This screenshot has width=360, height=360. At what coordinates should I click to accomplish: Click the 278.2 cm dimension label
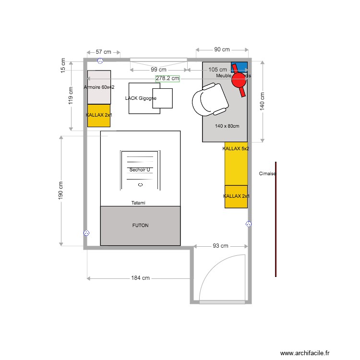coord(168,78)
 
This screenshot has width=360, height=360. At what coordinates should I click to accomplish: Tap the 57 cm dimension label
coord(103,51)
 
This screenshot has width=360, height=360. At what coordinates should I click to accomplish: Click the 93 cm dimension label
coord(220,246)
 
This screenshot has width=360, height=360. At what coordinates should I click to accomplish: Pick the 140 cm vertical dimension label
coord(262,101)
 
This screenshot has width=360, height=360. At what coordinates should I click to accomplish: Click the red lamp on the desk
coord(239,80)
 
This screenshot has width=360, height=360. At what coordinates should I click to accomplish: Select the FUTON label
coord(140,225)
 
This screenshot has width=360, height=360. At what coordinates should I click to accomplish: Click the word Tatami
coord(138,203)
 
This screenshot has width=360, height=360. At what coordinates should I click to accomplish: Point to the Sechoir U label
coord(140,170)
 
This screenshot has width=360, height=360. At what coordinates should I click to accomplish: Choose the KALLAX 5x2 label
coord(236,149)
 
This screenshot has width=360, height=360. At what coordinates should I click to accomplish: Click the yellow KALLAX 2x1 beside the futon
coord(236,196)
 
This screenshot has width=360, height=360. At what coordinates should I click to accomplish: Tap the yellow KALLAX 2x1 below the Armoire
coord(99,116)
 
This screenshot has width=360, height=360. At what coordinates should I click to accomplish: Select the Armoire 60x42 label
coord(99,87)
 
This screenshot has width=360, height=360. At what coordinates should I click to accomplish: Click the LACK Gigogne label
coord(141,98)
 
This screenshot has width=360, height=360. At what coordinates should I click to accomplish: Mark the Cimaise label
coord(267,174)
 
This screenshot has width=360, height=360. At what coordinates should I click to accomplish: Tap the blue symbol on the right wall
coord(249,224)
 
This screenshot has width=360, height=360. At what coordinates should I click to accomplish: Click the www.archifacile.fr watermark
coord(305,353)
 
